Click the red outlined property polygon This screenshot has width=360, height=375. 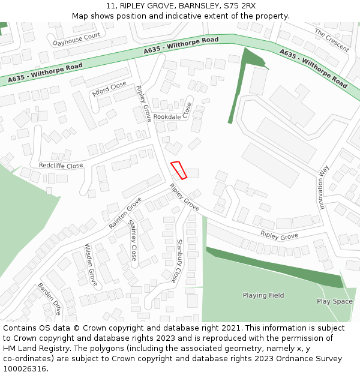tap(179, 170)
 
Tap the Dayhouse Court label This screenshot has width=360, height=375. tap(76, 40)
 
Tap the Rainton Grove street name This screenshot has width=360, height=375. tap(125, 212)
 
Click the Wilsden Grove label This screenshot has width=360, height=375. tap(91, 265)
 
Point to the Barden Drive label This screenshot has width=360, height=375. tap(50, 299)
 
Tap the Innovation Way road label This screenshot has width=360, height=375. tap(324, 187)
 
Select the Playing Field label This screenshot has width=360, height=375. tap(263, 295)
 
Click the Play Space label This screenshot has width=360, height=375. tap(335, 301)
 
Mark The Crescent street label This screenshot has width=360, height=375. tap(331, 40)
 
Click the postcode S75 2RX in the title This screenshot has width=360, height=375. tap(236, 6)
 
